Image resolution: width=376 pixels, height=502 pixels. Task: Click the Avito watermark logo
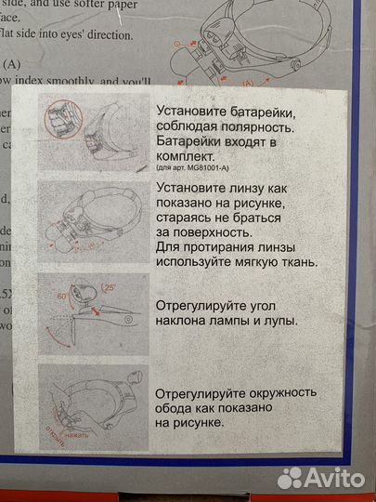[321, 477]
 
